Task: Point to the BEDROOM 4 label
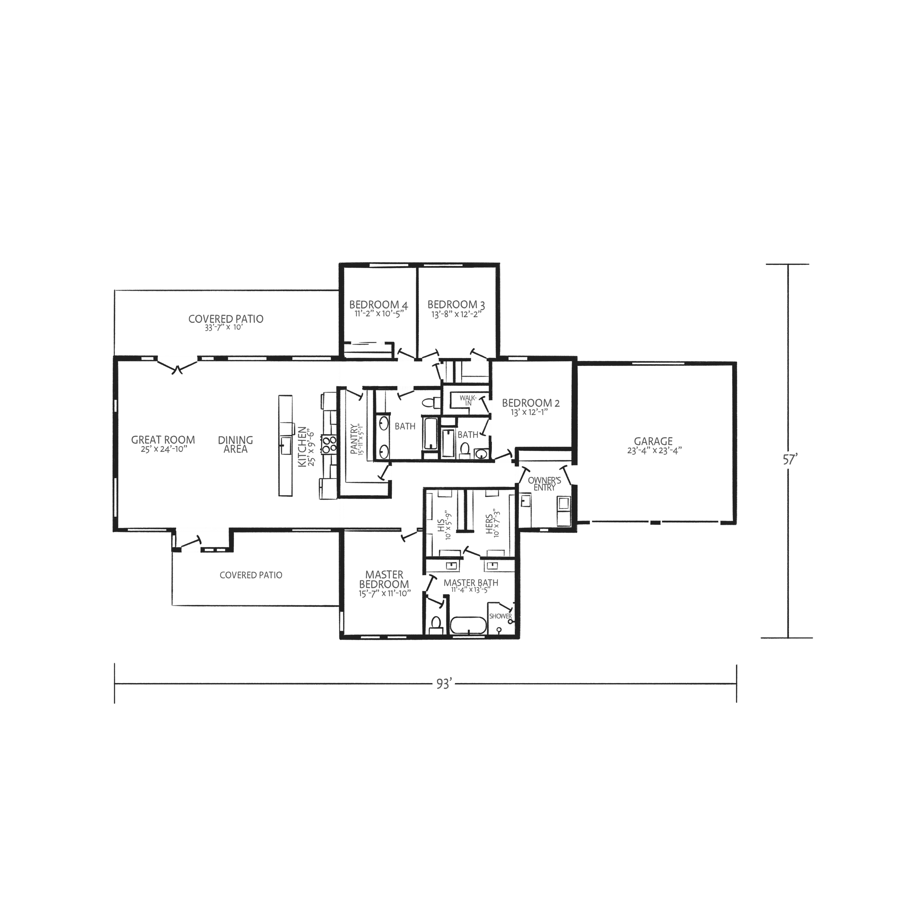click(x=379, y=305)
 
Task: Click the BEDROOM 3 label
click(x=456, y=305)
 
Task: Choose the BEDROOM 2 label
click(x=531, y=403)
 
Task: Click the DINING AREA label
click(x=235, y=444)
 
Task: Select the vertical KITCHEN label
click(x=302, y=447)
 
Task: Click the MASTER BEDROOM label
click(x=384, y=580)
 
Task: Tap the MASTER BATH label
click(x=471, y=583)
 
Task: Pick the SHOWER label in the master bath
click(x=501, y=616)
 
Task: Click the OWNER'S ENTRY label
click(x=544, y=483)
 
